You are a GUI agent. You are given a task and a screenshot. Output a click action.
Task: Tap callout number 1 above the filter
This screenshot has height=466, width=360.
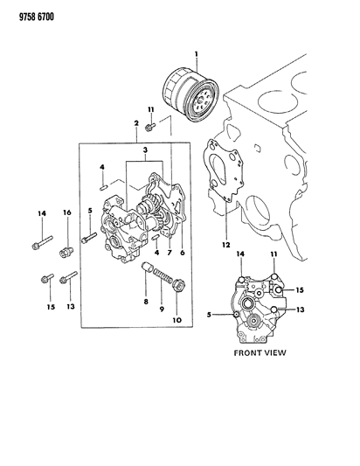[196, 55]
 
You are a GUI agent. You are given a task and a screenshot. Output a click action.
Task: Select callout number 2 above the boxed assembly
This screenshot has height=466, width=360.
[137, 125]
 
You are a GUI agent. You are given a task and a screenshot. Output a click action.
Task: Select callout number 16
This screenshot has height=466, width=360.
[66, 212]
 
